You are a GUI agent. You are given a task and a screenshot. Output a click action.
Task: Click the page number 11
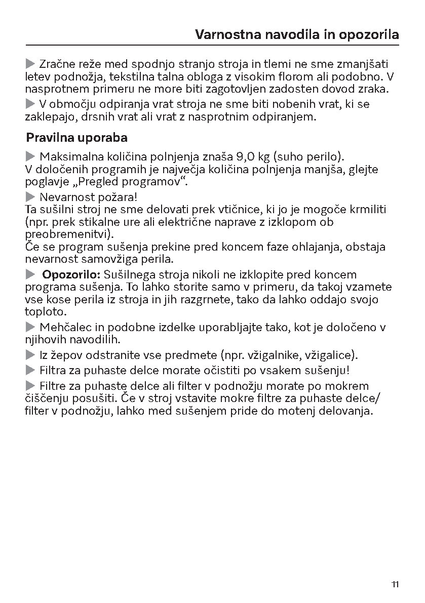(x=395, y=585)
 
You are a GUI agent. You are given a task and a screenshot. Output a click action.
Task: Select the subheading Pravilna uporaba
(x=76, y=138)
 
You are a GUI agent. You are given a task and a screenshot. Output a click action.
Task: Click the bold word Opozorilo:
(x=71, y=275)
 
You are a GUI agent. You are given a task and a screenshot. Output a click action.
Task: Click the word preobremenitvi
(x=68, y=234)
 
